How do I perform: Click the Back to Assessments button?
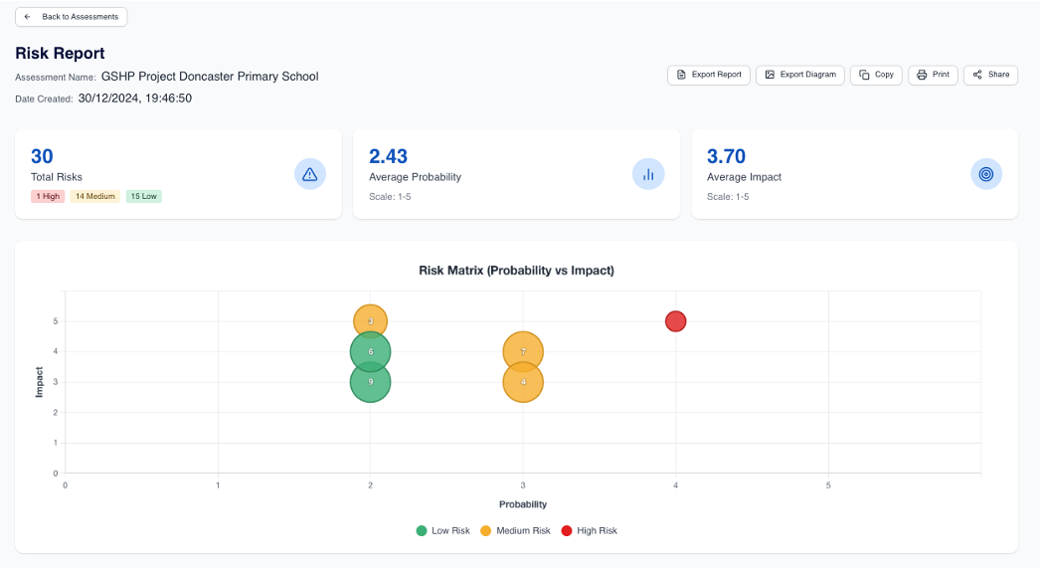71,17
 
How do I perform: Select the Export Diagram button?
800,75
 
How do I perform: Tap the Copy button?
876,75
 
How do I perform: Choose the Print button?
933,75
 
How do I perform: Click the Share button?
990,75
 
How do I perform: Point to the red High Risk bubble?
676,321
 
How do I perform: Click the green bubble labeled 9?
370,382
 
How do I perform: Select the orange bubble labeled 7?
523,351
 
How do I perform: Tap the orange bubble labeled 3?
370,321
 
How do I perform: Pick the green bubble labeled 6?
370,351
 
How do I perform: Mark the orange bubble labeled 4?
523,382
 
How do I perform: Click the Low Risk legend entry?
442,531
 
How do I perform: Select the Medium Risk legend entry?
515,531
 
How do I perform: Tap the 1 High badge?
48,196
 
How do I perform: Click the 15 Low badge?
143,196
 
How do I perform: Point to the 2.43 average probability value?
388,156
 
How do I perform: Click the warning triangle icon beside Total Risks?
310,174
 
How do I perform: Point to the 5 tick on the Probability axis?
828,485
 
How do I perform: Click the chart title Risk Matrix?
516,271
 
